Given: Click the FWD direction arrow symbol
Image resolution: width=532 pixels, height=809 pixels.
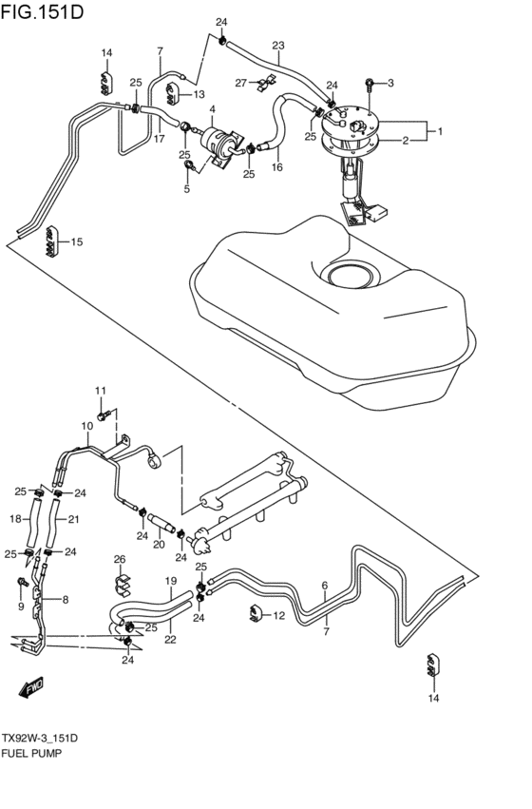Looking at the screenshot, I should point(33,686).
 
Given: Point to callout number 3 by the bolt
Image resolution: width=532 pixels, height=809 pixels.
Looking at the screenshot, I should point(389,84).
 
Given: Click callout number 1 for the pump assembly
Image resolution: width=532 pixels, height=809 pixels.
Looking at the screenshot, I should point(438,130).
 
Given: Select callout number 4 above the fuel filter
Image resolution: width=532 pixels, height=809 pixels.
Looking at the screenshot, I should point(213,109).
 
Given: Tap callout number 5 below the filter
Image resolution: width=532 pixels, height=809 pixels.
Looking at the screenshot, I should point(187,189).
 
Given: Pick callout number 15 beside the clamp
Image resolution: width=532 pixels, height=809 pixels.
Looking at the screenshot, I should point(77,241).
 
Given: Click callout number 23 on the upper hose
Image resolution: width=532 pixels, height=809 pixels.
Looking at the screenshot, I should point(278,46).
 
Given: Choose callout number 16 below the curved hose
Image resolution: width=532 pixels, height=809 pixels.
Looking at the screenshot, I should point(277,166).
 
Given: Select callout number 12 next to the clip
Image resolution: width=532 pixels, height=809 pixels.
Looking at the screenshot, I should point(278,616).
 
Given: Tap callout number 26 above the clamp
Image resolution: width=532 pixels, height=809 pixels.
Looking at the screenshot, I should point(120,558).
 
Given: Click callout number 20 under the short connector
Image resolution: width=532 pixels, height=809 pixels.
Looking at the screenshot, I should point(159,545).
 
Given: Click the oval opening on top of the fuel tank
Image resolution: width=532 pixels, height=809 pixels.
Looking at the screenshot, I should point(357,277).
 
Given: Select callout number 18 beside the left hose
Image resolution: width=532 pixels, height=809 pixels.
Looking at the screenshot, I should point(15,519).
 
